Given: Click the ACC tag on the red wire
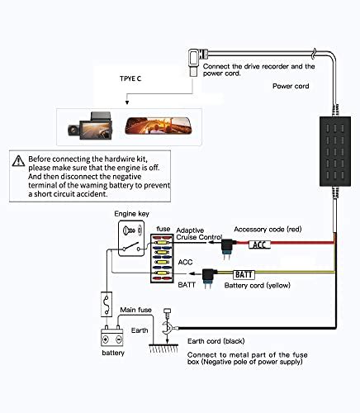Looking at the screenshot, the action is point(259,244).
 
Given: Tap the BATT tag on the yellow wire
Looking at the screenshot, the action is point(244,274).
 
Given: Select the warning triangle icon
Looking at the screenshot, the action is point(18,161).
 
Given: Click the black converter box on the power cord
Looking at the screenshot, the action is point(335,151).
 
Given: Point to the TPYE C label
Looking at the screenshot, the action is point(130,78).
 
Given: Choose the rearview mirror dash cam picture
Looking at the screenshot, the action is point(159,126).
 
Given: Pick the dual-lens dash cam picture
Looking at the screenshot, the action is point(90,126).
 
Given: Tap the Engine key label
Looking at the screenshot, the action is point(131,214).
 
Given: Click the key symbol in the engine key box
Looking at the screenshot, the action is point(129,230).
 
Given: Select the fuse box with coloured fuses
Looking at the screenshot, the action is point(162,259).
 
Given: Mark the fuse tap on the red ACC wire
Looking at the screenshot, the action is point(228,249).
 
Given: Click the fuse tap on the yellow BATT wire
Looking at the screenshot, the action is point(209,278).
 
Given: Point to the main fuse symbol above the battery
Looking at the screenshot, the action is point(107,304).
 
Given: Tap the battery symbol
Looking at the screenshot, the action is point(111,336).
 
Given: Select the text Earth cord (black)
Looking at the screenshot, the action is point(216,341).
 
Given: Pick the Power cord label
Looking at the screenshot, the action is point(291,86).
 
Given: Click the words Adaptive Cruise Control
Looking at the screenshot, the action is point(199,234).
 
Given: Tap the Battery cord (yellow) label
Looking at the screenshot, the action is point(258,285).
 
